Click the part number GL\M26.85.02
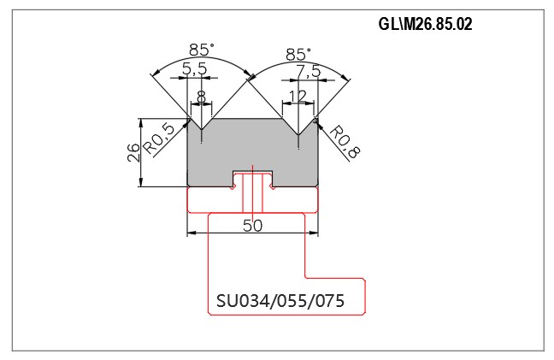pos(425,25)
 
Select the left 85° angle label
pos(202,50)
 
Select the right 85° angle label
pos(298,55)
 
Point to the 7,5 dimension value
pos(308,72)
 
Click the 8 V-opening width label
pos(201,97)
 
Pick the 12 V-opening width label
pos(298,96)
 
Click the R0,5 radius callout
pos(160,139)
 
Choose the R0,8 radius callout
pos(345,142)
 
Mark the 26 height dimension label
pos(134,152)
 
